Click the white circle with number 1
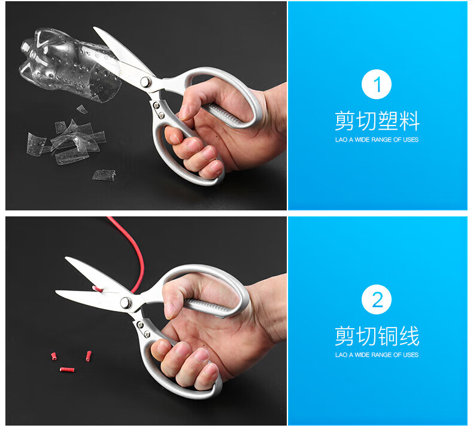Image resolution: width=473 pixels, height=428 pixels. (x=377, y=84)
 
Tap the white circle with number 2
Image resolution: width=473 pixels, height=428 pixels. (x=377, y=299)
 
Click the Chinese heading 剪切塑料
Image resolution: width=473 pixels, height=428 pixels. (x=377, y=121)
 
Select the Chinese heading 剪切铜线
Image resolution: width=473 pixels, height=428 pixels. (x=377, y=336)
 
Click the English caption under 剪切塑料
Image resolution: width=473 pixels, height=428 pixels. (x=377, y=139)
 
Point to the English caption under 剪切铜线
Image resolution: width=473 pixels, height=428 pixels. (x=377, y=355)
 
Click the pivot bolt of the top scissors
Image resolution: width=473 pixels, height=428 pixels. (x=145, y=82)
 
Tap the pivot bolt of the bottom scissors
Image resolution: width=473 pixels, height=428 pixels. (x=126, y=302)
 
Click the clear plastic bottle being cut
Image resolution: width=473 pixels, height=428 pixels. (x=69, y=64)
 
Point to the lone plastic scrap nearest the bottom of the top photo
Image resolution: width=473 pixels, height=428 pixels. (x=104, y=175)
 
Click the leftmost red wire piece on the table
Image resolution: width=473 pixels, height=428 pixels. (x=54, y=356)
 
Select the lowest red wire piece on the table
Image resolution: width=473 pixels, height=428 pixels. (x=66, y=369)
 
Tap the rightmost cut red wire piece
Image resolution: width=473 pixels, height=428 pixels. (x=89, y=356)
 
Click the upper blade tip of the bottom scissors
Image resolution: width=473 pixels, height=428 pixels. (x=65, y=258)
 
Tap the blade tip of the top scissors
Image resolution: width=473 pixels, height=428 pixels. (x=94, y=27)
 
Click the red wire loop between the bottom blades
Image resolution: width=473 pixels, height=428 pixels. (x=98, y=289)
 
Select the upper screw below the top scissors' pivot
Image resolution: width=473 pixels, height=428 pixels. (x=156, y=105)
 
